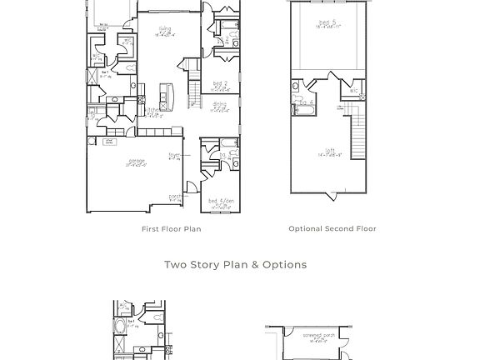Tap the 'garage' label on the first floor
[x=137, y=161]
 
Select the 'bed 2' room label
[x=219, y=84]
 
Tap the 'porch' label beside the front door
[x=175, y=197]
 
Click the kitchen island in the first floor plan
[x=167, y=97]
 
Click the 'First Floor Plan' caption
[x=171, y=229]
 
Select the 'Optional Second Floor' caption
[x=332, y=229]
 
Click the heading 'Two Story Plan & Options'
[x=235, y=265]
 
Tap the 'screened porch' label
[x=317, y=336]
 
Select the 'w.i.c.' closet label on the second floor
[x=353, y=91]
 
